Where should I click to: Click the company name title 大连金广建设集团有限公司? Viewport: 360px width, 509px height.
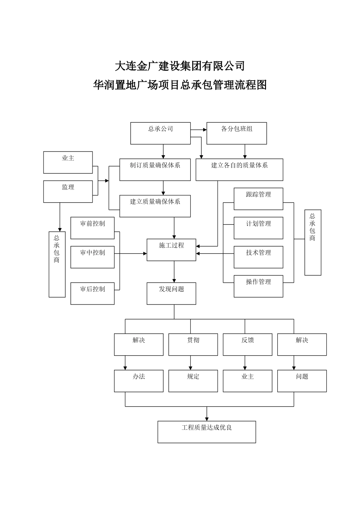point(180,66)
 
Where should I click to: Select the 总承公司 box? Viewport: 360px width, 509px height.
point(160,133)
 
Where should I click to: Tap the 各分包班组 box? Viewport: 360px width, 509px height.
point(236,133)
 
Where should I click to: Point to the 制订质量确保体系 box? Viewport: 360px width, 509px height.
point(155,169)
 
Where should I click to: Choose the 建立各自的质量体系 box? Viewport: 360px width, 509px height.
point(239,169)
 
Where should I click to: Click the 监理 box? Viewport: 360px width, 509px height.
point(68,191)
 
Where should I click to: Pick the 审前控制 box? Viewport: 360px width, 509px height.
point(92,228)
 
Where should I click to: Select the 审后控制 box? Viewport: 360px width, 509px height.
point(92,293)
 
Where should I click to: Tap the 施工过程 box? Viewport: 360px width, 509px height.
point(171,250)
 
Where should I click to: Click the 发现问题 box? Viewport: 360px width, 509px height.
point(171,293)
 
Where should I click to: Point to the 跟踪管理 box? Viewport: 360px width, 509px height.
point(258,198)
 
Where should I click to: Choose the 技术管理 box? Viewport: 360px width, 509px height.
point(258,257)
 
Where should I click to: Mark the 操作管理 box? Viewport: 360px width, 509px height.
point(258,286)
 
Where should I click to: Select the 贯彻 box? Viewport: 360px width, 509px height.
point(193,344)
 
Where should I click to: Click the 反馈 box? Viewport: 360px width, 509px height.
point(247,344)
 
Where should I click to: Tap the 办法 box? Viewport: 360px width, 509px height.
point(139,381)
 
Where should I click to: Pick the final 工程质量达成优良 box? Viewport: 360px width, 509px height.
point(207,432)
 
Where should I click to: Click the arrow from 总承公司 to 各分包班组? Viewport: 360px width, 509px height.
point(199,130)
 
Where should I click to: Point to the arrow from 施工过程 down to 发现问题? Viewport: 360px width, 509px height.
point(174,272)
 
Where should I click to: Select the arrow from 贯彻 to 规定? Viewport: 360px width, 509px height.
point(190,362)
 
